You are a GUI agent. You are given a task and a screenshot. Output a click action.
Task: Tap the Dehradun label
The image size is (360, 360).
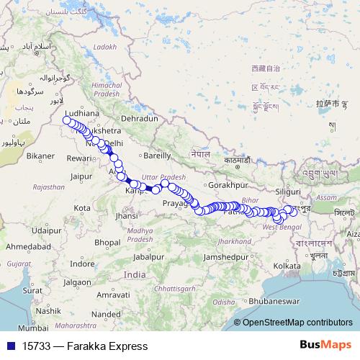point(139,117)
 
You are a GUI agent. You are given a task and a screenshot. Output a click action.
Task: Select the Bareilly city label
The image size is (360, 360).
point(157,155)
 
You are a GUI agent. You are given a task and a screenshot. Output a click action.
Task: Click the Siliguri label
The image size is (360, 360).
point(288,192)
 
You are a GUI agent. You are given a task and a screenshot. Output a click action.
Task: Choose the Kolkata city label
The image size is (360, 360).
point(287,266)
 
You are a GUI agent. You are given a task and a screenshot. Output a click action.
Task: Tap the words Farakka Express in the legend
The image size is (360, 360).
point(107,346)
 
